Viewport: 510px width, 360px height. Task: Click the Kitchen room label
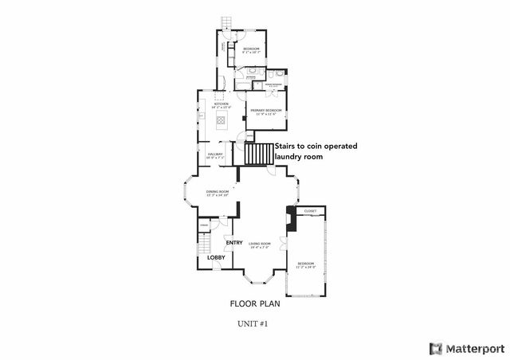pos(221,104)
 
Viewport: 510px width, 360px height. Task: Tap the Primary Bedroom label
pos(266,109)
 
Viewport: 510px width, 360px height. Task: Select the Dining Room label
pos(218,191)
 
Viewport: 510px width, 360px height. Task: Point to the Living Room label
pos(260,244)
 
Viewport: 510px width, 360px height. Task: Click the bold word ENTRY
pos(234,243)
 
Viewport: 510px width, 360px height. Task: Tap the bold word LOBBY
pos(216,257)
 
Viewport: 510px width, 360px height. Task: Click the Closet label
pos(310,211)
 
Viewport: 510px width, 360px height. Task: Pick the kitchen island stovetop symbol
pos(221,120)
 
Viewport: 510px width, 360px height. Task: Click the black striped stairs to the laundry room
pos(258,155)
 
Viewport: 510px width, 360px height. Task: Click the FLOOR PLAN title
pos(255,303)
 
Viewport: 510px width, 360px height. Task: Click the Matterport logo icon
pos(435,348)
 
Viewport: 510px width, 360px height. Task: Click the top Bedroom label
pos(251,49)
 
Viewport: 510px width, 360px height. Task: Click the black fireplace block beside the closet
pos(290,218)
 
